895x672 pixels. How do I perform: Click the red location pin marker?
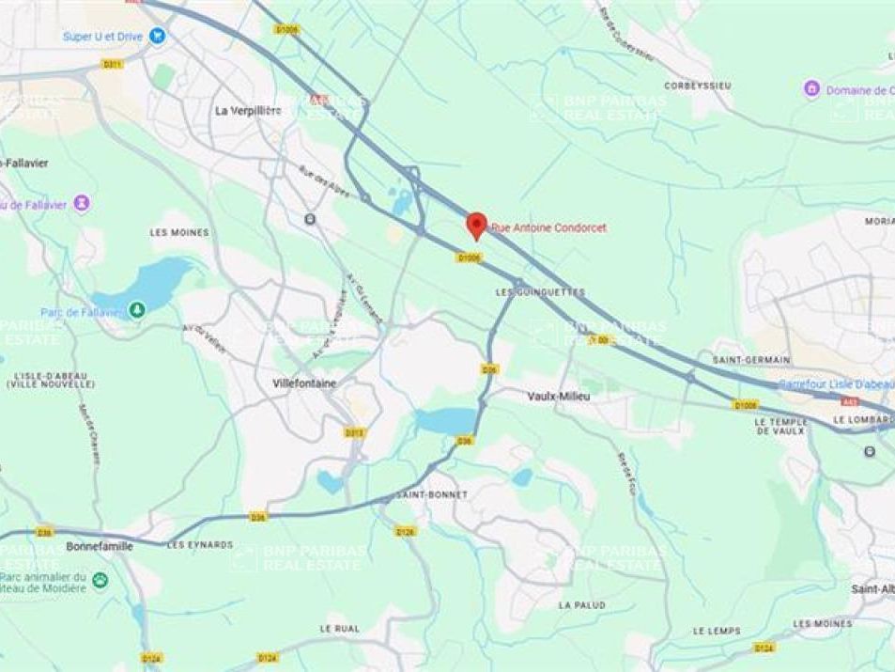click(x=476, y=225)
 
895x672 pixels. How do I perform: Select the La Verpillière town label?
click(x=248, y=110)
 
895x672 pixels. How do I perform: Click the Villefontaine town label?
click(x=304, y=383)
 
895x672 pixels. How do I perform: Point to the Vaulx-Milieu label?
click(x=558, y=397)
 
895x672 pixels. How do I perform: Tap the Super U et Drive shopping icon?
click(x=157, y=37)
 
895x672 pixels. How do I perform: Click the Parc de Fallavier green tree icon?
click(x=137, y=308)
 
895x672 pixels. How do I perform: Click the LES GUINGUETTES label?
click(x=540, y=292)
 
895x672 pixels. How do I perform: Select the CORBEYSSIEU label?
click(x=698, y=85)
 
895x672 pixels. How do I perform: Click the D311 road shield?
click(x=113, y=64)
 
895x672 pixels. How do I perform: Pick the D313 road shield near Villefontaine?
click(x=354, y=433)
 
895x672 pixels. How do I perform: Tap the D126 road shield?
click(x=406, y=532)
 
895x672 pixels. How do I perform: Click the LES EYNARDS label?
click(x=200, y=544)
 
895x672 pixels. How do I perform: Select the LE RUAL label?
click(x=340, y=628)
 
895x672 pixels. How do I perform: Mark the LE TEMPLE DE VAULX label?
click(x=781, y=426)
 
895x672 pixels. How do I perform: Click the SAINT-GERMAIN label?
click(x=751, y=360)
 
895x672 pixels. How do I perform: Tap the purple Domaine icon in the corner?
click(x=811, y=89)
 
